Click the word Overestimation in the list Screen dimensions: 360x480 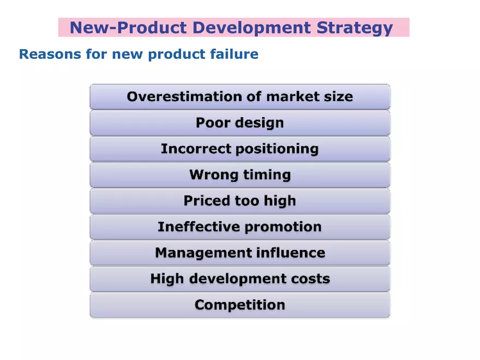[177, 97]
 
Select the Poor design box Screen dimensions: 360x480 [240, 123]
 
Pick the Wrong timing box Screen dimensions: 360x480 [240, 175]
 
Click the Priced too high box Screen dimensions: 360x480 [240, 201]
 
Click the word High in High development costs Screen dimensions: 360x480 [166, 279]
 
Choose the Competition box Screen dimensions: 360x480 [240, 305]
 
